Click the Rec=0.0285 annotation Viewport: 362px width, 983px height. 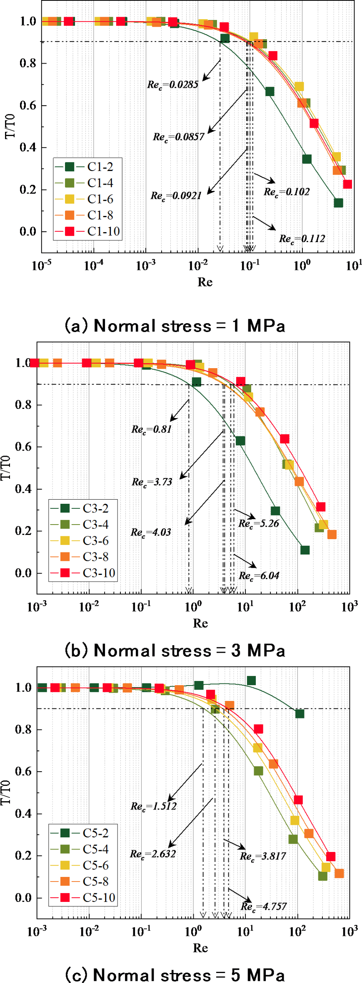[173, 85]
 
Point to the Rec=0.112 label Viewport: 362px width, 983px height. [302, 239]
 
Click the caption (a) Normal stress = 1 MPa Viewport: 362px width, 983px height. [175, 326]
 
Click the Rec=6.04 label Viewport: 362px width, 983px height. [259, 576]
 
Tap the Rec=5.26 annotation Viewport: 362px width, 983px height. [259, 523]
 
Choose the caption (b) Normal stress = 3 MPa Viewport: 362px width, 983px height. [175, 651]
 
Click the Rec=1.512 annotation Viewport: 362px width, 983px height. [154, 806]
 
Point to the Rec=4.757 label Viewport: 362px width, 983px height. [264, 906]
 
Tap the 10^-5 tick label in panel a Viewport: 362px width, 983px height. [42, 266]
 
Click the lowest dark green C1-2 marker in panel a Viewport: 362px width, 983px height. [338, 203]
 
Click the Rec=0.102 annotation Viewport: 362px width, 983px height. [287, 192]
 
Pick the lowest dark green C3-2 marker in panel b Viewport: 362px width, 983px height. [305, 550]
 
